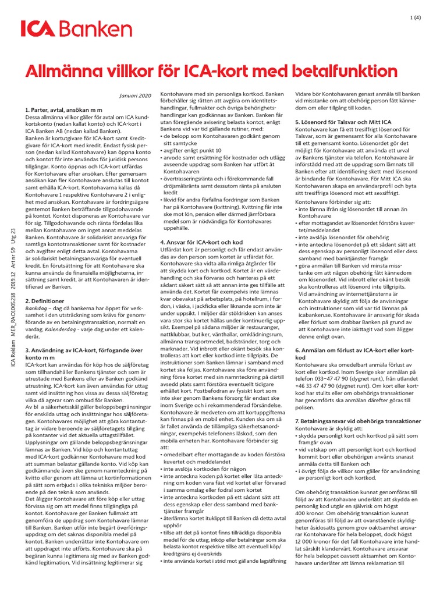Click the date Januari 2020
(135, 95)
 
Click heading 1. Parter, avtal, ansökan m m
(64, 109)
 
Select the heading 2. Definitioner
(48, 301)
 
